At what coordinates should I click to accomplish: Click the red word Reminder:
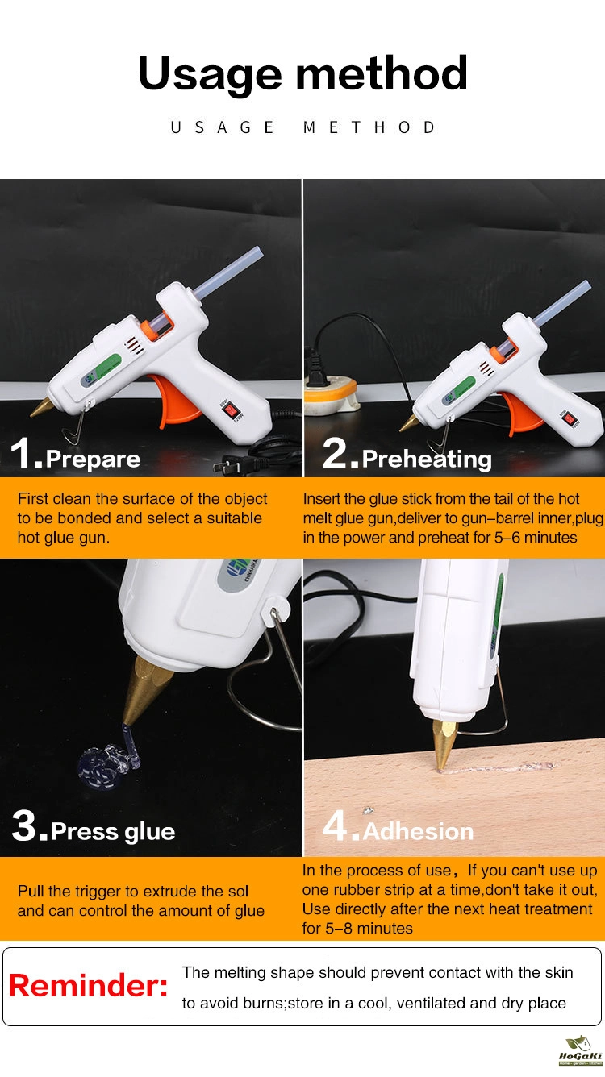coord(88,985)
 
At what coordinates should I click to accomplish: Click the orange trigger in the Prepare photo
coord(177,400)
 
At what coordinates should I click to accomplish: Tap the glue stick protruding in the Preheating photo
coord(562,302)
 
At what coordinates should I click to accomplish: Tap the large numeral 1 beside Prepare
coord(21,452)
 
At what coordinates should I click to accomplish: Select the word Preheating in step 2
coord(427,459)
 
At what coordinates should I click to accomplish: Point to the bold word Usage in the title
coord(210,73)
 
